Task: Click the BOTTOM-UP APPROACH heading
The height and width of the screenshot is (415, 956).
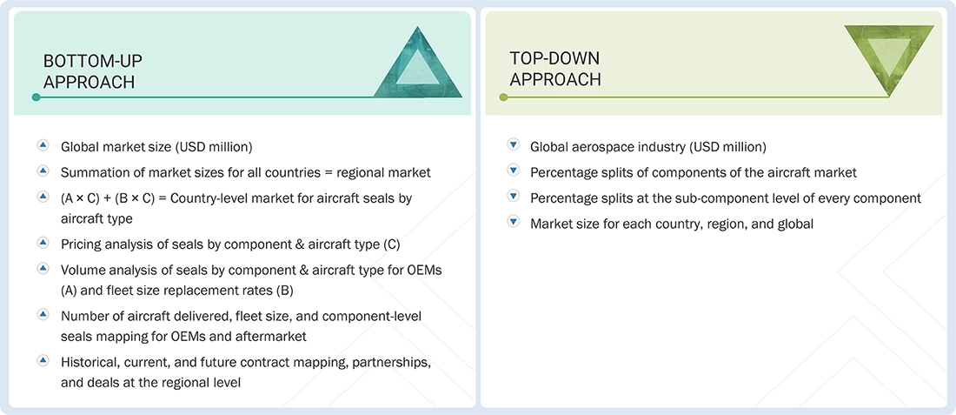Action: pos(93,71)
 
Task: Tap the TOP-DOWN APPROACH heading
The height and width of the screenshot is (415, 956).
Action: pos(554,69)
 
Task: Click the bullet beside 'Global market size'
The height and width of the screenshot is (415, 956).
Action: pos(43,146)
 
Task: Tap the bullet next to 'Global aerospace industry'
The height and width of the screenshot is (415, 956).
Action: pos(513,146)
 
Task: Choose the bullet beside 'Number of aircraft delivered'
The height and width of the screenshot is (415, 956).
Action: pos(43,314)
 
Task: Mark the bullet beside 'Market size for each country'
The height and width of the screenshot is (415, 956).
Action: pos(513,223)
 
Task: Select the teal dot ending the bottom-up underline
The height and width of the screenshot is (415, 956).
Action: pos(36,97)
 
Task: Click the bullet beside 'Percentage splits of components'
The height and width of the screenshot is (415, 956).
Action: pos(513,172)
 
